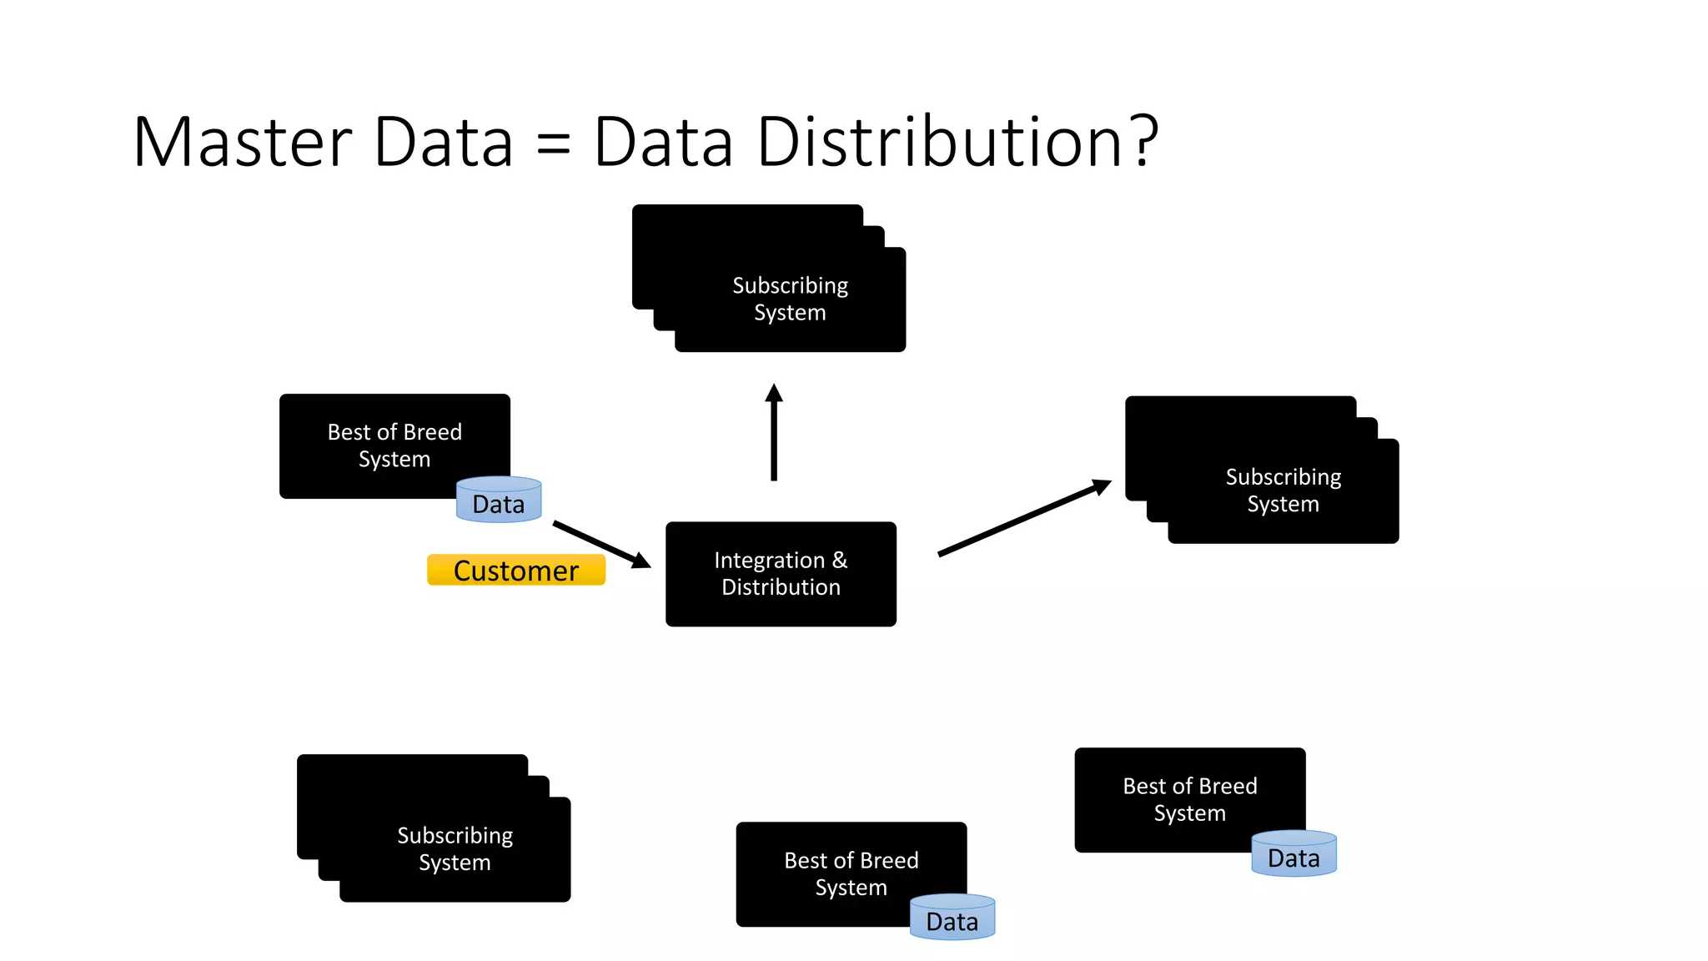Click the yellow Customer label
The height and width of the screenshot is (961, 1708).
(x=515, y=571)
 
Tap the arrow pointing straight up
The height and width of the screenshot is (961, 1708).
(x=774, y=434)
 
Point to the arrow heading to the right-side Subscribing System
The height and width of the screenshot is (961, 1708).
(x=1024, y=517)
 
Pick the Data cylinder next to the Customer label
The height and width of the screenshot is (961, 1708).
(x=499, y=501)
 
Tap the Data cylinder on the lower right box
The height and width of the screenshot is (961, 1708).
(x=1294, y=854)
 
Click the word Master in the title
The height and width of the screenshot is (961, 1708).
(x=243, y=142)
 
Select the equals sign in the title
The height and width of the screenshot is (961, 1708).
(x=553, y=143)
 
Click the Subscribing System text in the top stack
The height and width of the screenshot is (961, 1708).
(x=790, y=299)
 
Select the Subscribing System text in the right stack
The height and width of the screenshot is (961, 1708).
(x=1283, y=491)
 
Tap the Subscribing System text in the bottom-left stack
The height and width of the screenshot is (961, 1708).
(x=455, y=848)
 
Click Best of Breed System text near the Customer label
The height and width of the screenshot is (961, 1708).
(x=394, y=445)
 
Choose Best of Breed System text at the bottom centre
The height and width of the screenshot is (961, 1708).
(x=851, y=873)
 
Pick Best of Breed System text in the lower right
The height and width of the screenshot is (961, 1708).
(x=1189, y=799)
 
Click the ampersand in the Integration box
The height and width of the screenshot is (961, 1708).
(x=839, y=561)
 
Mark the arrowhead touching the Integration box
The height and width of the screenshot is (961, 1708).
(x=640, y=561)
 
